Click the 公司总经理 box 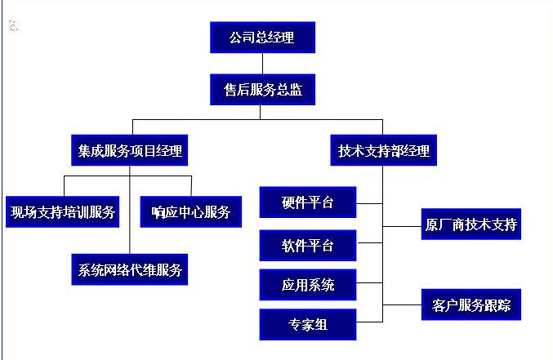click(261, 38)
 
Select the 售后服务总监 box click(262, 90)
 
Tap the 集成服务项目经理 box click(131, 150)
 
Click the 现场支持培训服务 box click(63, 212)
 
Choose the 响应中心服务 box click(191, 212)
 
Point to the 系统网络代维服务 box click(131, 268)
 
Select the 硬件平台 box click(307, 202)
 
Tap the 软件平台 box click(307, 245)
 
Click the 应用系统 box click(307, 285)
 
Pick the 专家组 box click(307, 324)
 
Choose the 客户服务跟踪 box click(471, 305)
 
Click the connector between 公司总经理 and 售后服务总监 click(261, 63)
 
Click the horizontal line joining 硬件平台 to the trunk click(369, 202)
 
